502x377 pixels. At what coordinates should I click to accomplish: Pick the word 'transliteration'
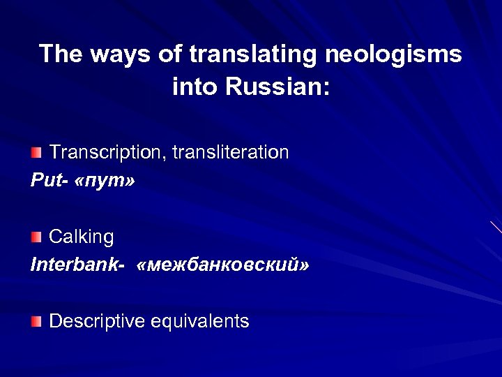tap(234, 152)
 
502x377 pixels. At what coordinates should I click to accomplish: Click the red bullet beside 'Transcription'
tap(36, 152)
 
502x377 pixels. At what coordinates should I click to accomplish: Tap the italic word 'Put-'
tap(50, 181)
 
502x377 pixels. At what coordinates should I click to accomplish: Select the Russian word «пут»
tap(107, 181)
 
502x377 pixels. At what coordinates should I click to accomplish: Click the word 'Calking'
tap(82, 237)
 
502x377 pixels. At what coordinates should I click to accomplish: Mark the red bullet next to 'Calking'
tap(36, 237)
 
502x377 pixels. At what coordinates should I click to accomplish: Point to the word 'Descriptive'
tap(97, 321)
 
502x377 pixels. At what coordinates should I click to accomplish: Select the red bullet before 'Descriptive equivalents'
tap(36, 322)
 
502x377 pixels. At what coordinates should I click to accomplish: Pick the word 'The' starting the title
tap(61, 54)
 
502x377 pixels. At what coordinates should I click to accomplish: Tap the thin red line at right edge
tap(496, 227)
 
